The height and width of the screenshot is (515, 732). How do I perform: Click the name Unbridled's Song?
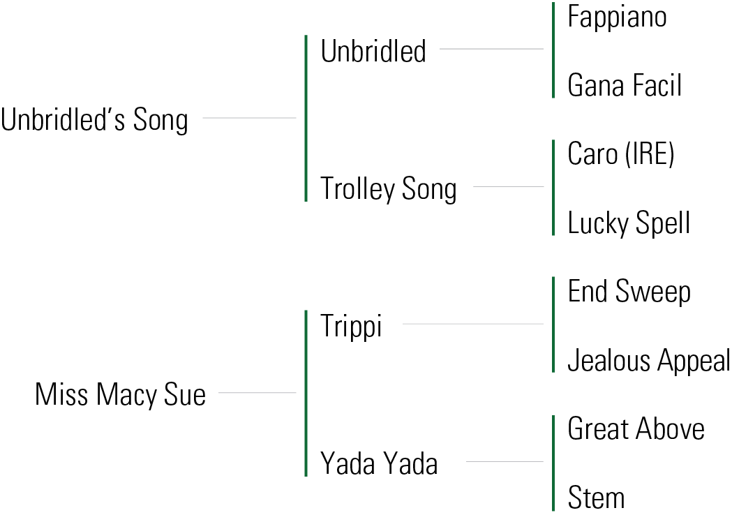94,120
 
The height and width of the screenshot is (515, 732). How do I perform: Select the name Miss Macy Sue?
120,395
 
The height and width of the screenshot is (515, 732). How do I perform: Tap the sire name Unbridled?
373,51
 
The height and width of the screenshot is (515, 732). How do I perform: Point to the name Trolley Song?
388,189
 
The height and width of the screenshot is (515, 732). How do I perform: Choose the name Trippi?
351,326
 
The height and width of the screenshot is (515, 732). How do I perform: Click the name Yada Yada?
379,463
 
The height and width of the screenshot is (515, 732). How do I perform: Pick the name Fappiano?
617,17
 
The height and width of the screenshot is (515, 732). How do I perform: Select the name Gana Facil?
625,86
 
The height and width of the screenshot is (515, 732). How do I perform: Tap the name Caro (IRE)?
621,154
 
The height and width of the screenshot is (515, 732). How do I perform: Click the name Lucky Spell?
629,223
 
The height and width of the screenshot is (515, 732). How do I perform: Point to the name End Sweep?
629,292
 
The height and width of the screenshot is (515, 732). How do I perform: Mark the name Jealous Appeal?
648,361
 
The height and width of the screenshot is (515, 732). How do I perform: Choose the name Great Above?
636,429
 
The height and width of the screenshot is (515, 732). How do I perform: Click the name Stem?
596,498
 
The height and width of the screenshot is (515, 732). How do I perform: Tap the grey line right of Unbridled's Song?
249,118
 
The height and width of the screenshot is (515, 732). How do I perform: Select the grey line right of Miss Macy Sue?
257,393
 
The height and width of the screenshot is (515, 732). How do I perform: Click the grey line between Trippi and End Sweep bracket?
472,324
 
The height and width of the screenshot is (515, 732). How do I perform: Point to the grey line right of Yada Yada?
504,461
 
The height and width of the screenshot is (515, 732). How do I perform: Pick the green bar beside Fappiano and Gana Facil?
553,50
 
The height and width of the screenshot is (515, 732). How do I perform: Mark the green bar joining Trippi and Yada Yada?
306,394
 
